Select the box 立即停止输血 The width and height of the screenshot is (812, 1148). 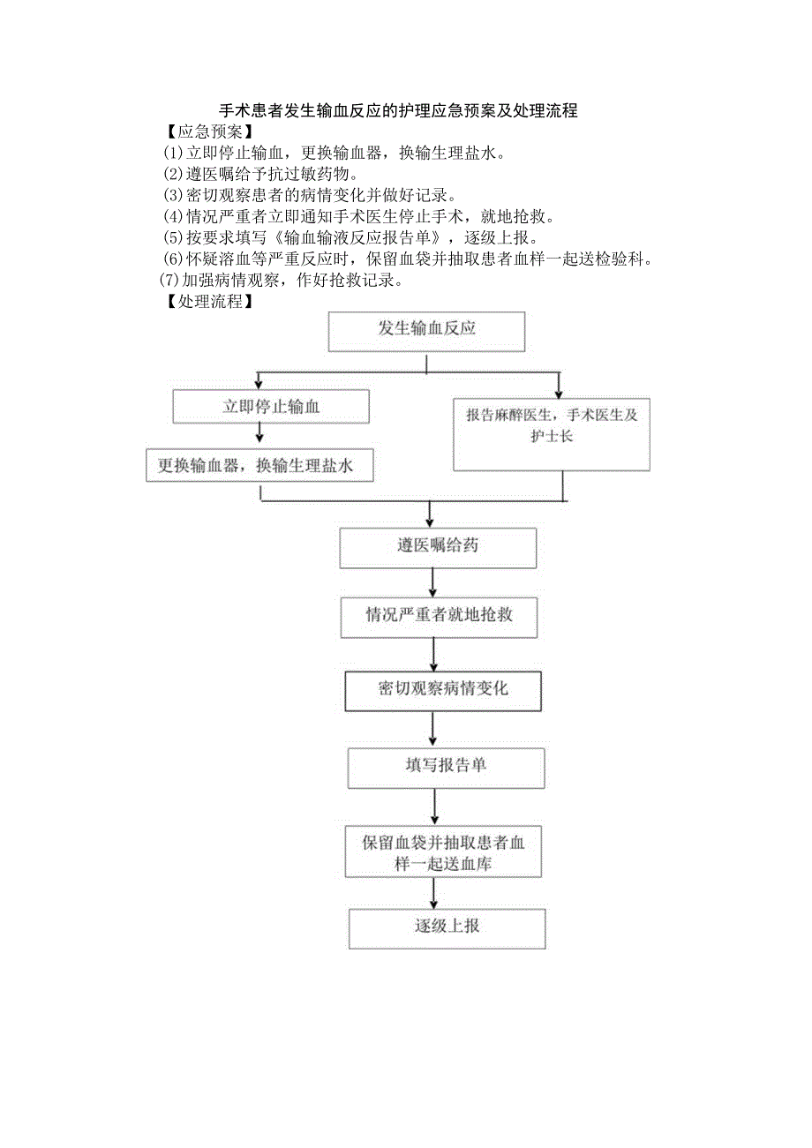[x=271, y=407]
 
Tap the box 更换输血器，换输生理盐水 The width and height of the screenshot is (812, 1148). [x=259, y=465]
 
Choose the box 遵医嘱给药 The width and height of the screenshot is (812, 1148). [x=438, y=547]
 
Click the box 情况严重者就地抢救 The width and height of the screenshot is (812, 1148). [x=439, y=615]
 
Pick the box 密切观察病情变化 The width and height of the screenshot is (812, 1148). [x=442, y=690]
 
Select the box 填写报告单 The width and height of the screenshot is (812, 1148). [x=446, y=766]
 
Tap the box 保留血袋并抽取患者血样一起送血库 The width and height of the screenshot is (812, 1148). [x=443, y=853]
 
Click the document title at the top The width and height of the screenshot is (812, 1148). [x=398, y=111]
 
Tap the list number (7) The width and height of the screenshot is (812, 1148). [x=169, y=281]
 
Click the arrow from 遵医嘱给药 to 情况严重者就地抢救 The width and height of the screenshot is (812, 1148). [x=432, y=582]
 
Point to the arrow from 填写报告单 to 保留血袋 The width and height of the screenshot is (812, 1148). [x=435, y=807]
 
